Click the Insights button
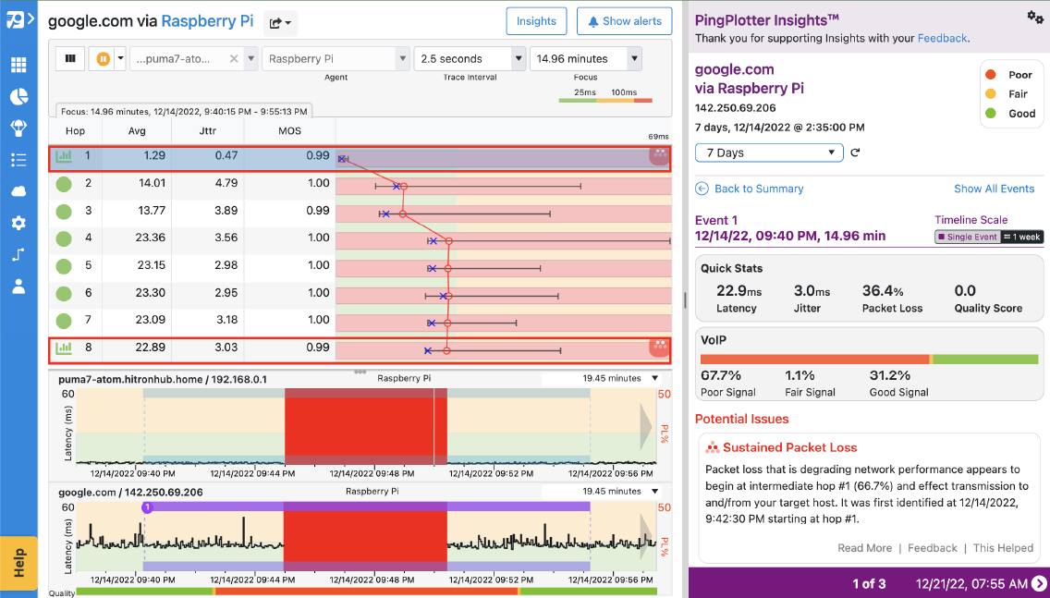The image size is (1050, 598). pos(536,21)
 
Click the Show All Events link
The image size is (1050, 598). pos(994,189)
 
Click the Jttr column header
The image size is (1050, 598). pos(208,131)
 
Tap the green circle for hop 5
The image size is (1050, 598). pos(64,266)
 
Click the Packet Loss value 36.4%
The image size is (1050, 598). pos(882,290)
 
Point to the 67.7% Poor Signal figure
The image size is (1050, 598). pos(721,375)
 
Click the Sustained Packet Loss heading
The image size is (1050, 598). pos(789,447)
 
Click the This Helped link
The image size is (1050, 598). pos(1003,548)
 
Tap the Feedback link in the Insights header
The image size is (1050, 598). pos(942,38)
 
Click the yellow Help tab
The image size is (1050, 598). pos(18,563)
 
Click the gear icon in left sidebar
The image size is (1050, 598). pos(18,223)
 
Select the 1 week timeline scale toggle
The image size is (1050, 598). pos(1022,237)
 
